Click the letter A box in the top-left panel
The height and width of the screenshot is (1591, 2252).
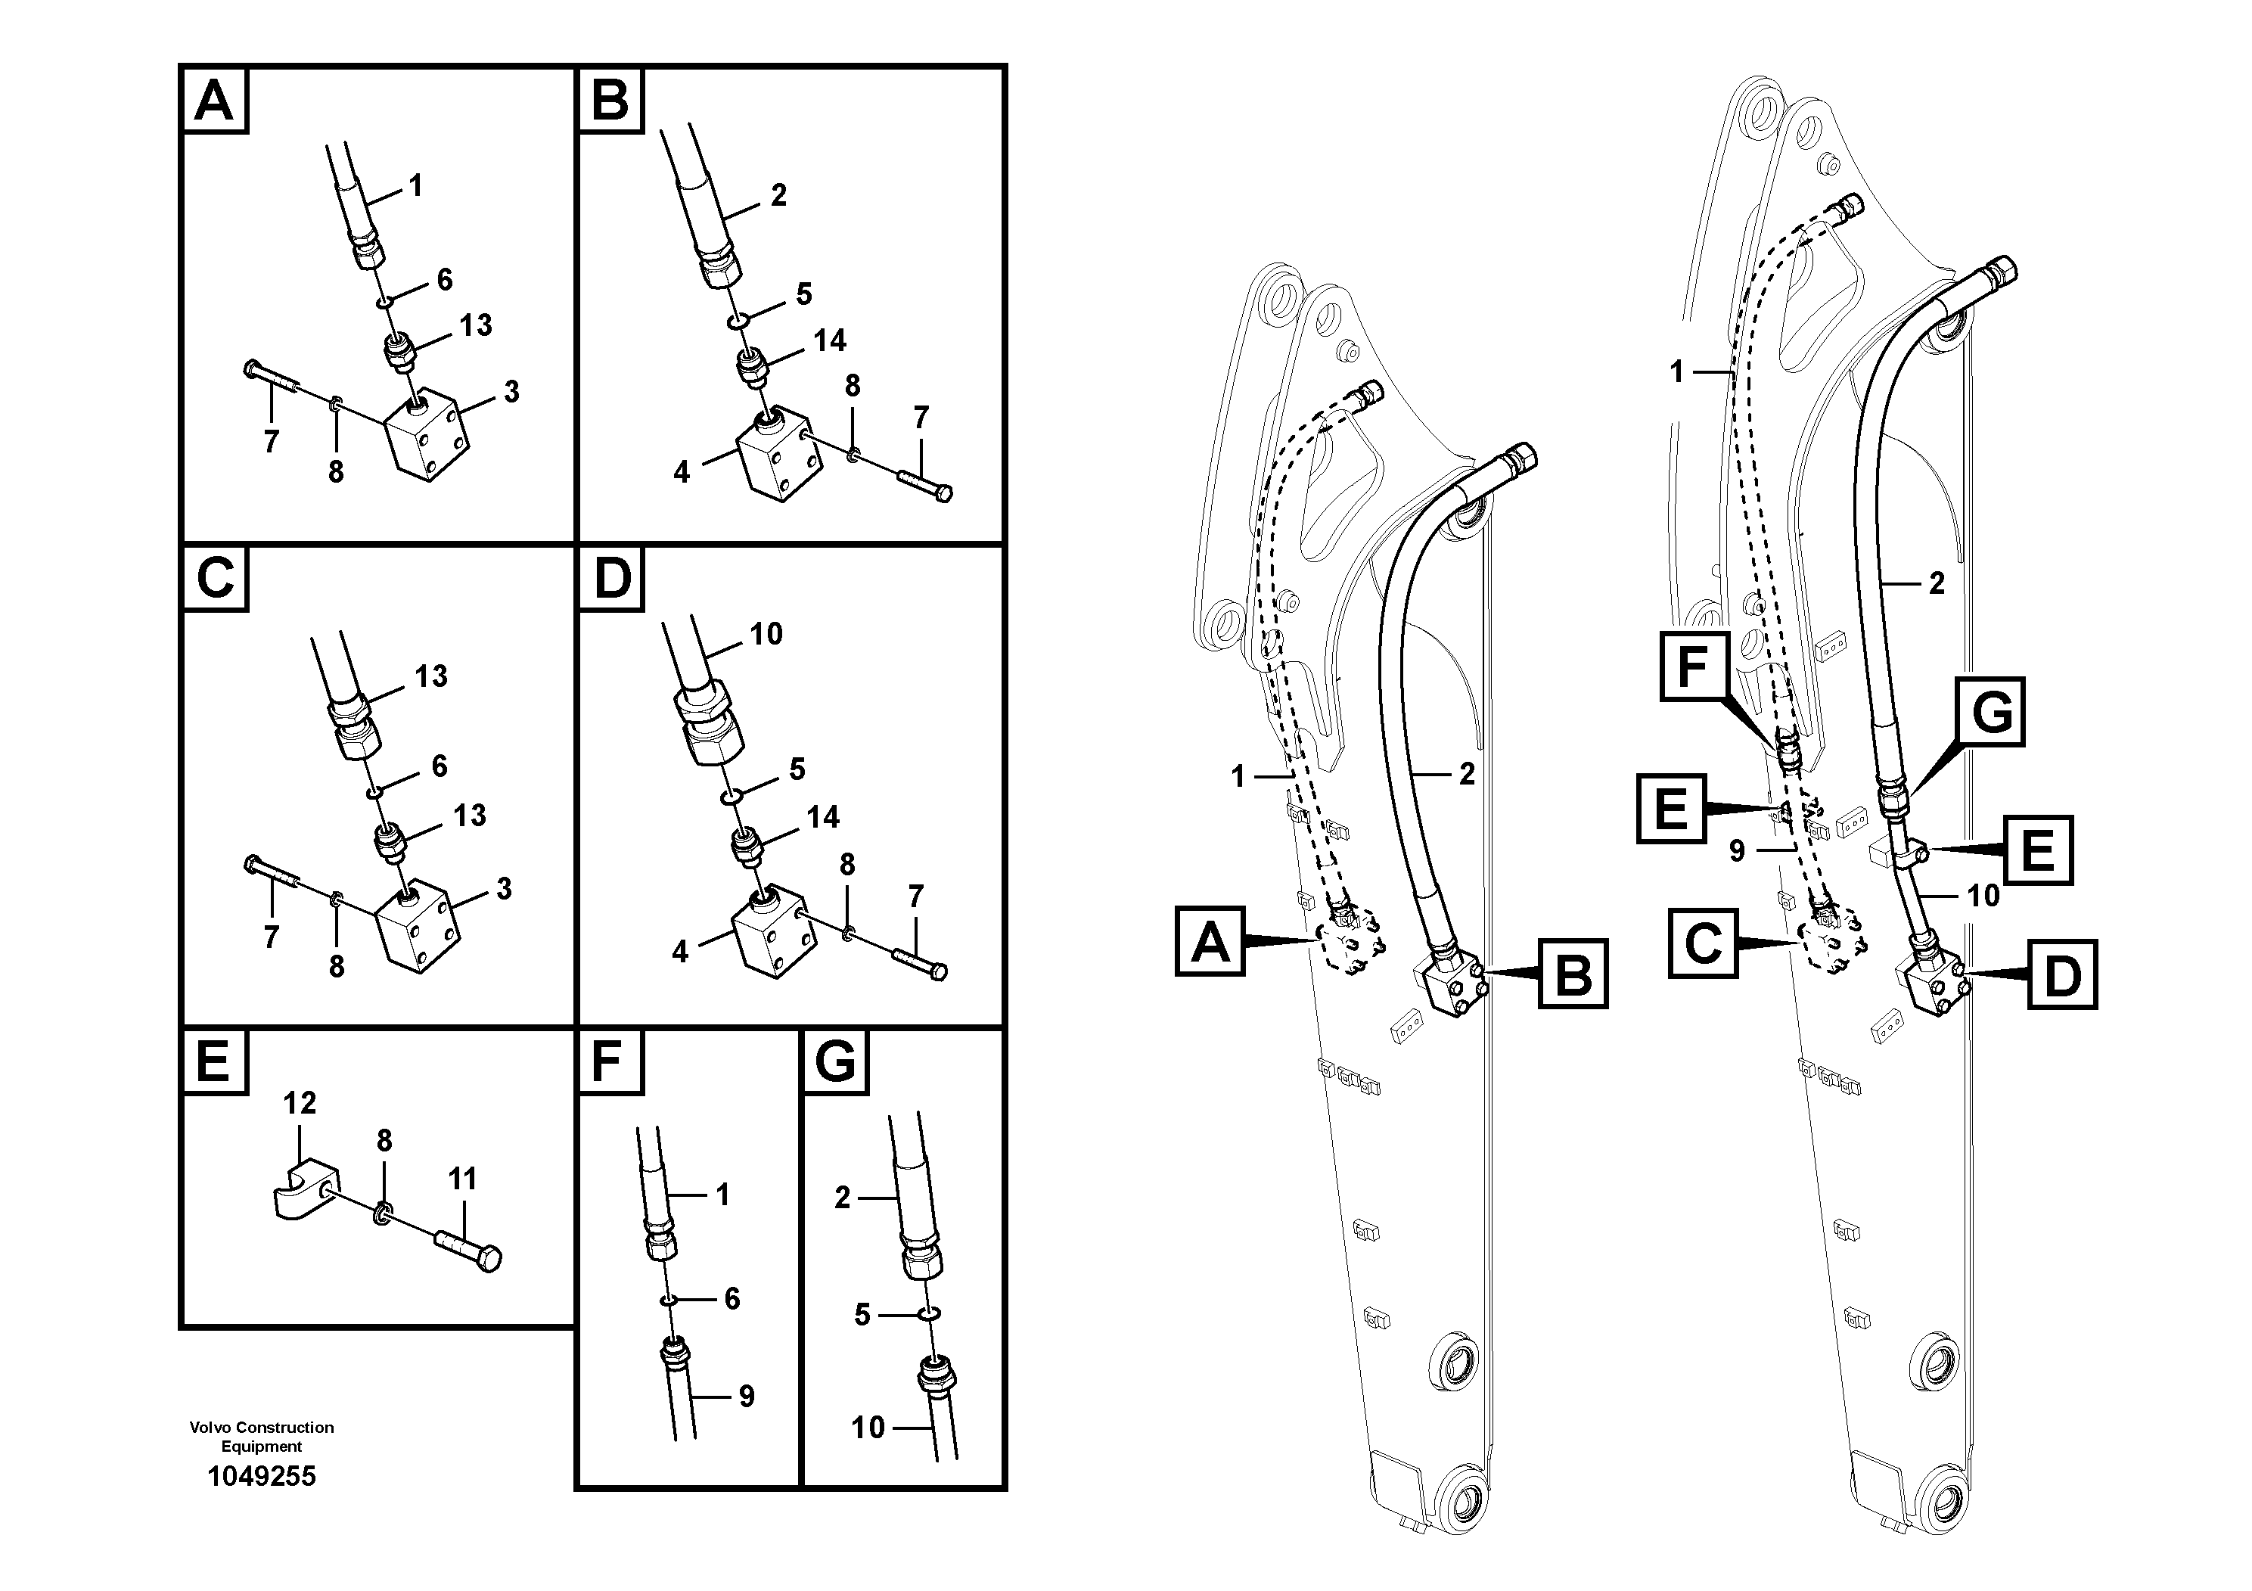tap(215, 100)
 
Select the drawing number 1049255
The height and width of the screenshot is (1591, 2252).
tap(261, 1476)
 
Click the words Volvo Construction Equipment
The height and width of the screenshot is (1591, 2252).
tap(261, 1436)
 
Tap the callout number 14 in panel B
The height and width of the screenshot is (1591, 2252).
tap(829, 340)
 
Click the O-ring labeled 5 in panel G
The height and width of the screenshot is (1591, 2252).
tap(929, 1313)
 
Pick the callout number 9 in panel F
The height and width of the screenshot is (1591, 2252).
tap(745, 1396)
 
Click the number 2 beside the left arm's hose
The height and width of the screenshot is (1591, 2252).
tap(1466, 774)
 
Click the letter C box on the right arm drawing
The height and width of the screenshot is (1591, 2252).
tap(1704, 943)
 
